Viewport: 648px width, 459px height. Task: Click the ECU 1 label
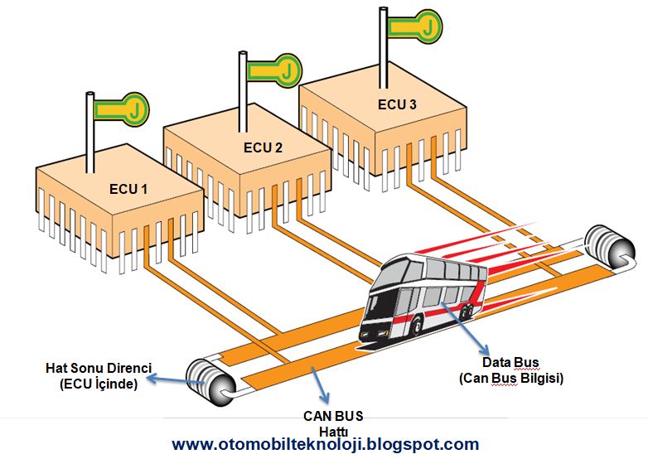click(x=128, y=189)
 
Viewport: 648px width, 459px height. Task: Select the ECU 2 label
click(x=263, y=148)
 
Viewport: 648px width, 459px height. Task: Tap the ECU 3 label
click(x=397, y=104)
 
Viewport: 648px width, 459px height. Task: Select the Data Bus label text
click(x=510, y=363)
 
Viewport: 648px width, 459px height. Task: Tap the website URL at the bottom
click(x=326, y=445)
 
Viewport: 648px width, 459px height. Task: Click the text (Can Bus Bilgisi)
click(x=510, y=378)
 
